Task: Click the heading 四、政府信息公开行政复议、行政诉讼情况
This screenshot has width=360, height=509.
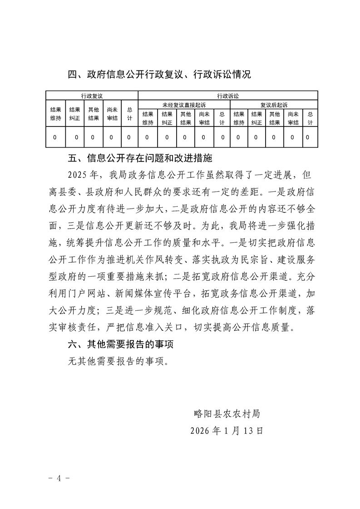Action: point(159,74)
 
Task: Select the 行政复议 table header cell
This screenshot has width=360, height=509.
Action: point(92,96)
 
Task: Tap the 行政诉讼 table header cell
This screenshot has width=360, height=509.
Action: point(228,96)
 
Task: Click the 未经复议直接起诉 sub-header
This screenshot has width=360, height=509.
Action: point(184,104)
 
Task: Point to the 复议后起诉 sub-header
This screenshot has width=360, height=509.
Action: point(274,104)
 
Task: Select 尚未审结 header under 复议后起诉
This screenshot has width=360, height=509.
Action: point(293,118)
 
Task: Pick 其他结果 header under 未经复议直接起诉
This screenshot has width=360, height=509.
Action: point(185,118)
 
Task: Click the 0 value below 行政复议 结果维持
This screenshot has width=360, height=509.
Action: point(55,137)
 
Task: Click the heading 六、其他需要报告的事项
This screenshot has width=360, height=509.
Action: point(120,344)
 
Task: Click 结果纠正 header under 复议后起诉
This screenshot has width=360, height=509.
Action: point(257,118)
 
